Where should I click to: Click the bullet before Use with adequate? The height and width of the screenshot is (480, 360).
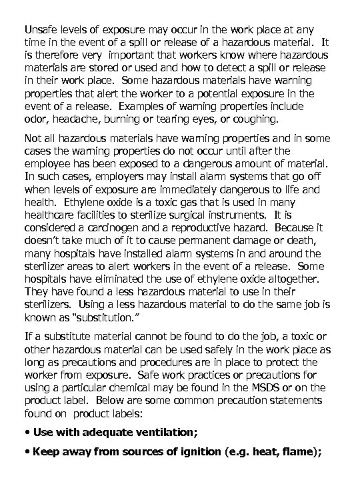(27, 433)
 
